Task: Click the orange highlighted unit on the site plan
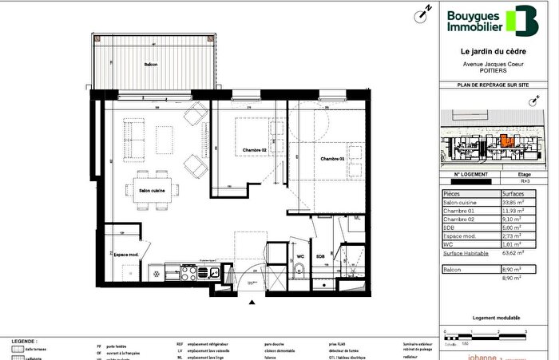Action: click(x=505, y=144)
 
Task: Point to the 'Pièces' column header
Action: click(x=451, y=193)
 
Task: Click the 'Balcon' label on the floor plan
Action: click(x=151, y=64)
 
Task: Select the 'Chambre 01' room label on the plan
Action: click(x=334, y=160)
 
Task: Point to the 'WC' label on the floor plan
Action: click(x=300, y=256)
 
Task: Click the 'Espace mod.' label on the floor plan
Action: click(x=128, y=254)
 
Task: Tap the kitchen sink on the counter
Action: click(x=210, y=272)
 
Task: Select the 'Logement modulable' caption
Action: click(x=494, y=317)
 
